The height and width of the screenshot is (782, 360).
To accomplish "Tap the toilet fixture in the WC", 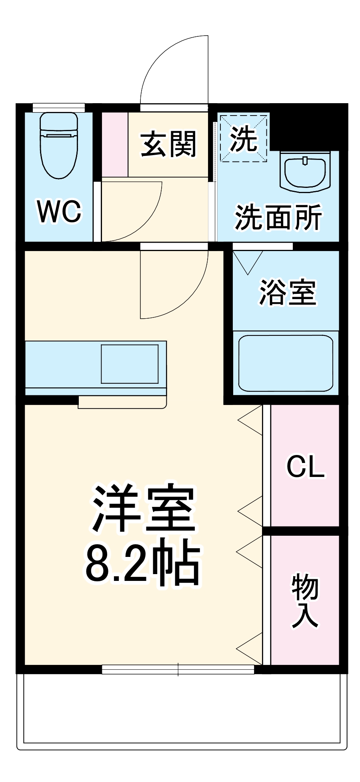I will point(59,144).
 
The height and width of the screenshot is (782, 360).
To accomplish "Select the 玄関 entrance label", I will point(168,144).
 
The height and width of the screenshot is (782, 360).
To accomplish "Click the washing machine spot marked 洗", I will point(243,138).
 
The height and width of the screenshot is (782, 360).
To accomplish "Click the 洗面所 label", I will point(278,218).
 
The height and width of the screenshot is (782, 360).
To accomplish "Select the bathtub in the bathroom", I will point(286,363).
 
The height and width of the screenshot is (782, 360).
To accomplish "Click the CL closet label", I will point(305,466).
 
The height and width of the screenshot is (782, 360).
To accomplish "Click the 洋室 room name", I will point(144,508).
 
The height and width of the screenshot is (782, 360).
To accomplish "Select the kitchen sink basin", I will point(130,363).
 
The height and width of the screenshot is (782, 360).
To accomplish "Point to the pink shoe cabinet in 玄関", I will point(115,144).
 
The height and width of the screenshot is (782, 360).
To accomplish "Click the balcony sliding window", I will point(178,669).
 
